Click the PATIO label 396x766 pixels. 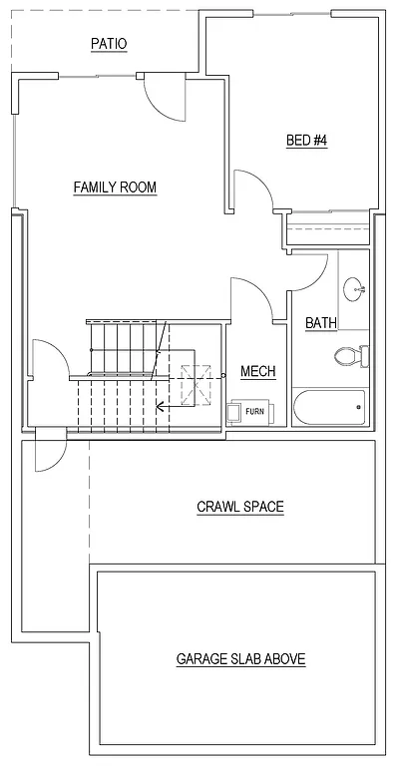pos(109,44)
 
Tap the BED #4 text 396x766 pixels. pos(307,141)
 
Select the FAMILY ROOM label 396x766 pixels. pos(115,187)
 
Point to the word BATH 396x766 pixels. pos(320,322)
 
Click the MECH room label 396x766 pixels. pos(257,372)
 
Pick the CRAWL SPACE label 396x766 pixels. pos(239,507)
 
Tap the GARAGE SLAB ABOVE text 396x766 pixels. pos(240,658)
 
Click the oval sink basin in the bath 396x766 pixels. pos(354,290)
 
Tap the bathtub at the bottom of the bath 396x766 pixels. pos(329,407)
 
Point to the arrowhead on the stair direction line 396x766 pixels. pos(161,406)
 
